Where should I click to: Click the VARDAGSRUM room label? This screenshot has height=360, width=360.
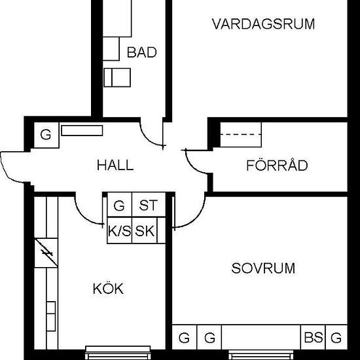click(x=263, y=25)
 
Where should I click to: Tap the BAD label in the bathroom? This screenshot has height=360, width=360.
click(x=141, y=52)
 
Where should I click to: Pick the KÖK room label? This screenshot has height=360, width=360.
click(x=108, y=289)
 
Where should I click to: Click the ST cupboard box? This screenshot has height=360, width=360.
click(x=148, y=206)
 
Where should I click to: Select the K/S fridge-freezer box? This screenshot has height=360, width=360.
click(x=119, y=231)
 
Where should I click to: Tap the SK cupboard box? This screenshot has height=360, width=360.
click(x=146, y=231)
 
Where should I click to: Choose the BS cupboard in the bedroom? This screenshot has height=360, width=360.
click(x=313, y=338)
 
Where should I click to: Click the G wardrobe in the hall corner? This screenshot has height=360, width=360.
click(x=45, y=135)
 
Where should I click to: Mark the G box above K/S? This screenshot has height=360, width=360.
click(x=119, y=206)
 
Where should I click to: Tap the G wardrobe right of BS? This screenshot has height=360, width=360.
click(x=336, y=338)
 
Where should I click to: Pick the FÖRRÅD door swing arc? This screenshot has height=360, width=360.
click(x=194, y=164)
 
